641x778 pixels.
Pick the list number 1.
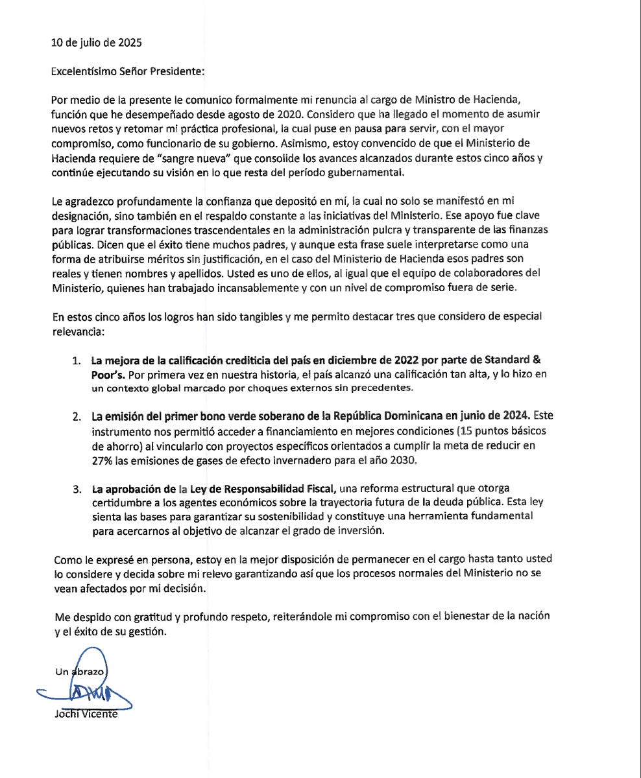[77, 360]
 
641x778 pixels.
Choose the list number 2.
[77, 415]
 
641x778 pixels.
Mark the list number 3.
[77, 488]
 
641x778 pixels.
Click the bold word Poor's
[107, 374]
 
